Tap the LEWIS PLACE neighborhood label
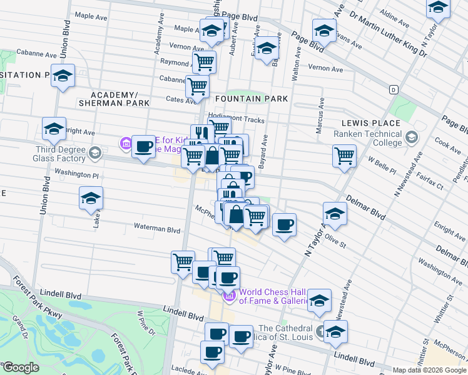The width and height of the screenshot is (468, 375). pos(370,123)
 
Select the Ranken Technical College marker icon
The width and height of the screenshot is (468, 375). pos(411,136)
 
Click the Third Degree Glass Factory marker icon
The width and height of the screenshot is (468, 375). pos(94,152)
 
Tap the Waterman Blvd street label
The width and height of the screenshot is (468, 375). pos(156,230)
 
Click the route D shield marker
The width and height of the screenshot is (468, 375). pos(393,89)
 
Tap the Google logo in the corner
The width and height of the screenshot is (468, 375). pos(21,367)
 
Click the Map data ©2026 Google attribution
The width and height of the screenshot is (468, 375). pos(429,369)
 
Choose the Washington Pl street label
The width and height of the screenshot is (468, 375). pos(77,172)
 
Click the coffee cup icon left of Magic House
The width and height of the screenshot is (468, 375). pos(144,147)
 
